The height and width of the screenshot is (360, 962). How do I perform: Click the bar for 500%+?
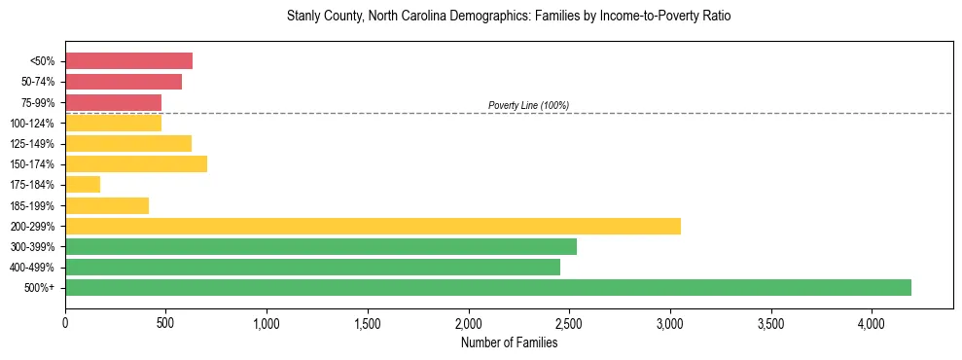[488, 287]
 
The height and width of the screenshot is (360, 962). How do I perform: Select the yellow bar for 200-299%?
[373, 226]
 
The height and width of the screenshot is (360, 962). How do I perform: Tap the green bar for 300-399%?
[321, 246]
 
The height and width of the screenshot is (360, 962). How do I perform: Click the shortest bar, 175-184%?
[83, 185]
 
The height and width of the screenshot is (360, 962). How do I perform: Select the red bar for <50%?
[128, 61]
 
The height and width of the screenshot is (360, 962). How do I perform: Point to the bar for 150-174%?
[136, 163]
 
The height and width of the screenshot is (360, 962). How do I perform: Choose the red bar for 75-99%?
[113, 102]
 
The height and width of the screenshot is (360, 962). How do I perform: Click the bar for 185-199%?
[107, 205]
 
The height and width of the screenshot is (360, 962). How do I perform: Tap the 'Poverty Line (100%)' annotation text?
[528, 105]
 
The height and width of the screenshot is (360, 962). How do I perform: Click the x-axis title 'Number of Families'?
[509, 342]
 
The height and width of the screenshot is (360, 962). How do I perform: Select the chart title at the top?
[508, 17]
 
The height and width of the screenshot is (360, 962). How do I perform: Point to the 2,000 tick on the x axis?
[468, 322]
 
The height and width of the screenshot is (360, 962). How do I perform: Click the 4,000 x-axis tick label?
[872, 322]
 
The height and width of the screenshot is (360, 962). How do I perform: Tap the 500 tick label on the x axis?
[165, 322]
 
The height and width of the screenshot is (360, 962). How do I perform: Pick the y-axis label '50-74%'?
[38, 82]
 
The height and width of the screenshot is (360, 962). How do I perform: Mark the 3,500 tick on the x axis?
[770, 322]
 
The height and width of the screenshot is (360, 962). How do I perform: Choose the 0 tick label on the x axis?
[65, 322]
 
